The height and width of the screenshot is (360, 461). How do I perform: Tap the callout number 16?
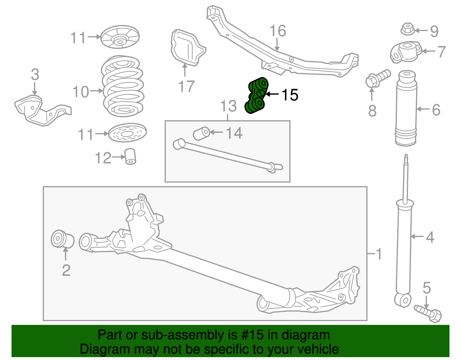pyautogui.click(x=278, y=31)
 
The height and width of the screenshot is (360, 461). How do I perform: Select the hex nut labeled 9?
pyautogui.click(x=407, y=29)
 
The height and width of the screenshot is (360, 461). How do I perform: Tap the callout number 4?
pyautogui.click(x=430, y=237)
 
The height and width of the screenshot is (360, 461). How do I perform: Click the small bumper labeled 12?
pyautogui.click(x=131, y=156)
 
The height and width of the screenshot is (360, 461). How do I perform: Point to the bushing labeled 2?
pyautogui.click(x=62, y=239)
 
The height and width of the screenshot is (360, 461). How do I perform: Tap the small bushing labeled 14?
pyautogui.click(x=201, y=133)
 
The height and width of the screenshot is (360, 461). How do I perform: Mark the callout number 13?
pyautogui.click(x=228, y=106)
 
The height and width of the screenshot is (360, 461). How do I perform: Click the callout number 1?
pyautogui.click(x=379, y=254)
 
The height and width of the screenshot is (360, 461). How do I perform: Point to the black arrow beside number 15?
pyautogui.click(x=272, y=94)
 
